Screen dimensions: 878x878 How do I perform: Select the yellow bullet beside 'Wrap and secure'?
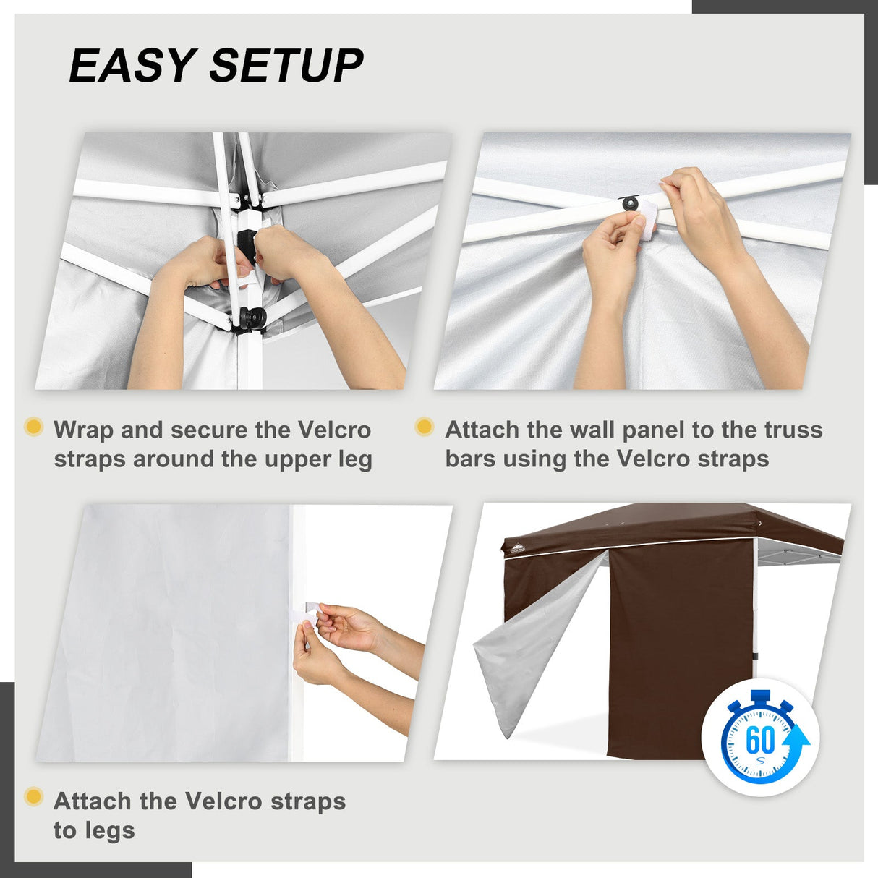click(x=33, y=426)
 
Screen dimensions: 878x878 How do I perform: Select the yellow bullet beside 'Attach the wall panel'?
click(x=425, y=426)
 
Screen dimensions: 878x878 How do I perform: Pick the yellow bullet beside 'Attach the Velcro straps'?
click(x=33, y=797)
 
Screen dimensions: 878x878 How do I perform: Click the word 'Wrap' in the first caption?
click(x=84, y=430)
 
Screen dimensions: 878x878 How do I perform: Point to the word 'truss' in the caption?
click(x=793, y=430)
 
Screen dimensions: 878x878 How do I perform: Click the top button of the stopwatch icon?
click(x=760, y=696)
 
